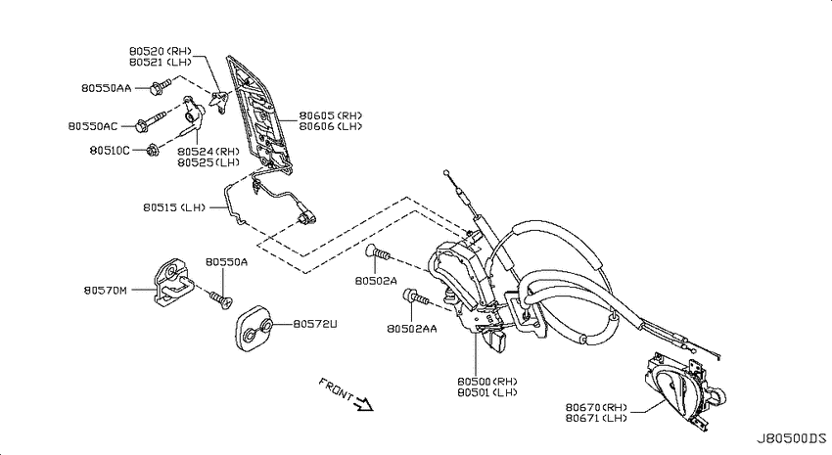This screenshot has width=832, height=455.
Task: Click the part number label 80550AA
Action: coord(106,88)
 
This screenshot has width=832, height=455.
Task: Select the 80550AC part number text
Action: coord(93,126)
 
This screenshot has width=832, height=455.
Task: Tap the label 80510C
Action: coord(110,151)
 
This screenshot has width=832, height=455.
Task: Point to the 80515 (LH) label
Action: coord(174,207)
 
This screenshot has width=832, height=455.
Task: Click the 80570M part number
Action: coord(105,290)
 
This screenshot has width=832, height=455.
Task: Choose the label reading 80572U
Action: coord(315,324)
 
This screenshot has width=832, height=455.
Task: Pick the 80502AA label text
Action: coord(412,329)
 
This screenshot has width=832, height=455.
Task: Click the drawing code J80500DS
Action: coord(791,438)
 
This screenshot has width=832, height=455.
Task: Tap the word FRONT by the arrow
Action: coord(336,389)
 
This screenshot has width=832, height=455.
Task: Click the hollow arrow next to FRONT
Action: coord(364,404)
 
